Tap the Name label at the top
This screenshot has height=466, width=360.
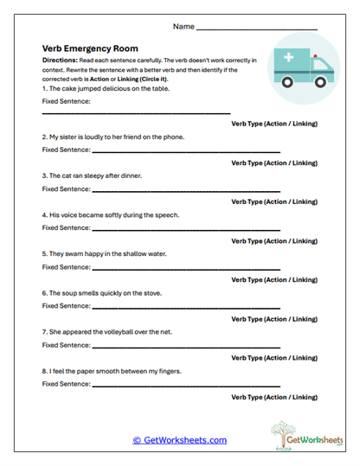(183, 27)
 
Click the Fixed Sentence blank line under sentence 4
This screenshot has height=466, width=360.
(186, 228)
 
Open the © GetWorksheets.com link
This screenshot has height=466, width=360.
(179, 440)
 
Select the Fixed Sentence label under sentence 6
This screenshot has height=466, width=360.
(66, 305)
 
